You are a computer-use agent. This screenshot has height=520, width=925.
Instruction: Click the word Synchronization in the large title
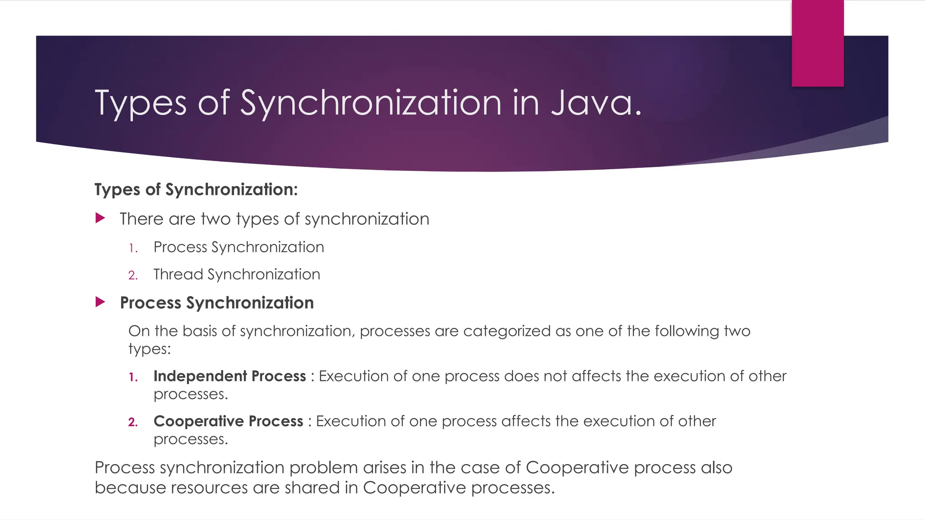pyautogui.click(x=370, y=103)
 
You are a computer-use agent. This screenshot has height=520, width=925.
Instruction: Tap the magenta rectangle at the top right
pyautogui.click(x=818, y=43)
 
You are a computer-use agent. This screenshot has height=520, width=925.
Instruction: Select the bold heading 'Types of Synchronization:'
pyautogui.click(x=196, y=190)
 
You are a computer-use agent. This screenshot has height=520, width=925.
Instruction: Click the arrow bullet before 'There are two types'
pyautogui.click(x=100, y=218)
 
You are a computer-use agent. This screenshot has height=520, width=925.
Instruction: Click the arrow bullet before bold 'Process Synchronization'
pyautogui.click(x=100, y=302)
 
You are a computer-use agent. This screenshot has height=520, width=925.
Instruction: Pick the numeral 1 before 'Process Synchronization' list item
pyautogui.click(x=132, y=248)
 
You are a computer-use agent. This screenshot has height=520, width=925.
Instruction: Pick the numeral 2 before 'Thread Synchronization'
pyautogui.click(x=132, y=275)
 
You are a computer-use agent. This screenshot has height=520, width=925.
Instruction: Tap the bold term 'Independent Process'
pyautogui.click(x=229, y=376)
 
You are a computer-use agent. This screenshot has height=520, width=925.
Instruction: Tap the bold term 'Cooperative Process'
pyautogui.click(x=228, y=421)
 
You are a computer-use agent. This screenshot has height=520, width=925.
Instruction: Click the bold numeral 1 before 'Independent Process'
pyautogui.click(x=133, y=377)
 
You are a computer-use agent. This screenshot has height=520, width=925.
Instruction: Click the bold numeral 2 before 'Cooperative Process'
pyautogui.click(x=133, y=422)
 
